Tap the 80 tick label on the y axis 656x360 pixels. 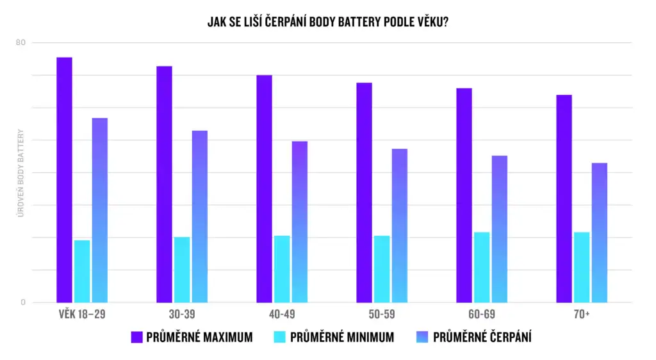21,43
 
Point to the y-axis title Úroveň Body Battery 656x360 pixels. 20,173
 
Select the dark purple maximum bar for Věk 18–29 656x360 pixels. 64,179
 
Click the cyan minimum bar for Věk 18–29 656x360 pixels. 82,271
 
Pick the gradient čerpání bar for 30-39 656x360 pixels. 200,217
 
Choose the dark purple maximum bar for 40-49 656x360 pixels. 264,189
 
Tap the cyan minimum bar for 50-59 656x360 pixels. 382,269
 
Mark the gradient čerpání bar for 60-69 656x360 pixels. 500,229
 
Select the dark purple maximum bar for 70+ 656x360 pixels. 564,199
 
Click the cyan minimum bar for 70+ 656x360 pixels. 582,267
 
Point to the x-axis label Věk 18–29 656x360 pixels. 82,315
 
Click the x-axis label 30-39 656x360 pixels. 182,315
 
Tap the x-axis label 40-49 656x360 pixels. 282,315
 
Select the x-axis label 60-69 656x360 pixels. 482,315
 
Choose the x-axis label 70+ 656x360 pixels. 582,315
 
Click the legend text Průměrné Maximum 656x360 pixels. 199,337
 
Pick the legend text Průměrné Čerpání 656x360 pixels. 482,337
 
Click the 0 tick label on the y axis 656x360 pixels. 23,302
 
